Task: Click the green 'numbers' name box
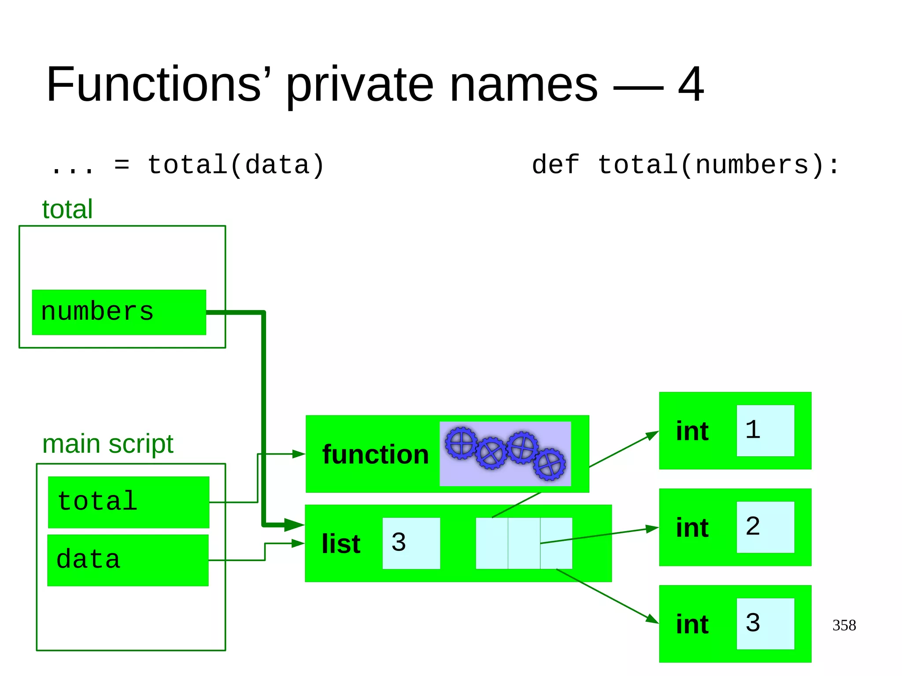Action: pos(119,312)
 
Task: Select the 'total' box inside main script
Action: pos(128,502)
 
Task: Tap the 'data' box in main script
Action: pos(128,560)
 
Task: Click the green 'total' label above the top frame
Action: pos(67,209)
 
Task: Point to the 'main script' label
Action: pos(107,444)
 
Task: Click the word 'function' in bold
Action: pos(375,454)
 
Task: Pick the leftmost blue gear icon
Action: pos(461,443)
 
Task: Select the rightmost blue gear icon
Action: pos(550,464)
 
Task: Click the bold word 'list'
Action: pos(341,544)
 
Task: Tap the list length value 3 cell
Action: pos(411,543)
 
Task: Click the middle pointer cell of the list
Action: pos(524,543)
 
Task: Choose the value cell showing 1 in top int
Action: pos(765,430)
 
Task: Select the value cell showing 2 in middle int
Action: pos(765,527)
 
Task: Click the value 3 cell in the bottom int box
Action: pos(765,623)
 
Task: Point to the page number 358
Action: pos(844,625)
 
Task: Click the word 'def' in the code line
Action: pos(555,165)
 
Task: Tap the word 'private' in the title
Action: pos(359,85)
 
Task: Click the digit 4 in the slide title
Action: pos(690,85)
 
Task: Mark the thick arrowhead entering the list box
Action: pos(295,525)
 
